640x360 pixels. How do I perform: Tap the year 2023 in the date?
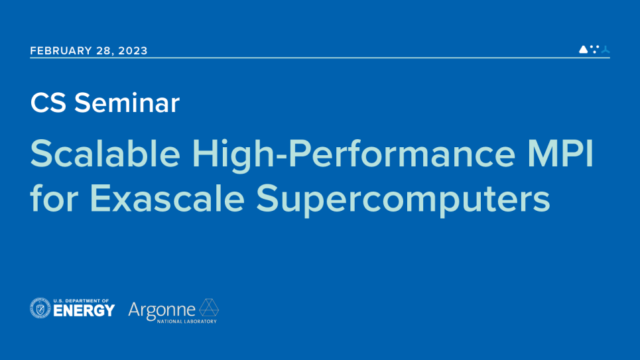[133, 50]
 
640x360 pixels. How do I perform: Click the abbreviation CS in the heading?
[48, 103]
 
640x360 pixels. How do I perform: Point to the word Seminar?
[127, 103]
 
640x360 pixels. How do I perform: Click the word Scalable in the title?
[105, 154]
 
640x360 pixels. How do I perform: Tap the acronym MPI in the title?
[560, 154]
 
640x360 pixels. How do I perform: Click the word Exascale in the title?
[167, 198]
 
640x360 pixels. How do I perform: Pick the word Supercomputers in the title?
[403, 200]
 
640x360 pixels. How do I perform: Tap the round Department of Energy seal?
[40, 308]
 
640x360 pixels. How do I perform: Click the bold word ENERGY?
[84, 311]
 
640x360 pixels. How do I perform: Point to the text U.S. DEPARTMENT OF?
[81, 301]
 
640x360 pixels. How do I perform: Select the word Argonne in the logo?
[162, 311]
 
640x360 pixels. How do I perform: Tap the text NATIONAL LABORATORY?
[187, 322]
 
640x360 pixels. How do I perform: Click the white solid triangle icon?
[583, 49]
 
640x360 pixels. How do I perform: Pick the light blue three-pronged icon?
[606, 50]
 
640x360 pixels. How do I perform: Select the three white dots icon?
[595, 49]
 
